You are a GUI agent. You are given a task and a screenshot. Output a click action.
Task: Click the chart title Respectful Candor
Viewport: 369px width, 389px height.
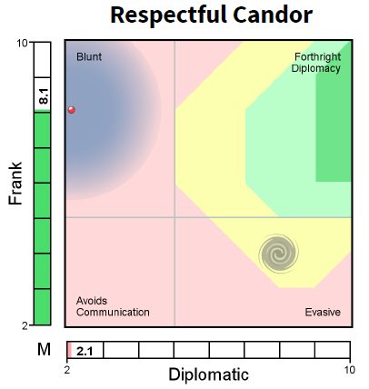point(211,15)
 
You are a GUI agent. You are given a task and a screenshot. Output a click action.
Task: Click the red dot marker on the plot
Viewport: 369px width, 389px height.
point(72,110)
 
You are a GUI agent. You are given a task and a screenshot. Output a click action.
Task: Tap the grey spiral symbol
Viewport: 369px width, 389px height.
point(278,254)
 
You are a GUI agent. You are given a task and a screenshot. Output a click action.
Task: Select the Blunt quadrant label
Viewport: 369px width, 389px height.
point(89,57)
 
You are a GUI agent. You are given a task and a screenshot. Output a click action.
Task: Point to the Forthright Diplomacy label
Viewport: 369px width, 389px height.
point(317,63)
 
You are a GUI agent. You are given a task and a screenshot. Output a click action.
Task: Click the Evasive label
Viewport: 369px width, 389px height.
point(323,313)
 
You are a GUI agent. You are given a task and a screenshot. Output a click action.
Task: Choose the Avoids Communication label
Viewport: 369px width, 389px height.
point(113,306)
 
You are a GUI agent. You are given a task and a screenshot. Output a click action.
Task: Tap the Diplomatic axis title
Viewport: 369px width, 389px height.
point(208,374)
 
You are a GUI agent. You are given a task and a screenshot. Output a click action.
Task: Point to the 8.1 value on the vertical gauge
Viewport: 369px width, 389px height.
point(42,91)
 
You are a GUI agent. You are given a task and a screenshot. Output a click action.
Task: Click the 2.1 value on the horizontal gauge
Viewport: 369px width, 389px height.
point(85,351)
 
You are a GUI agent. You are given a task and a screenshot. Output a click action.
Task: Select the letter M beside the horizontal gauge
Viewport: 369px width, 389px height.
point(44,350)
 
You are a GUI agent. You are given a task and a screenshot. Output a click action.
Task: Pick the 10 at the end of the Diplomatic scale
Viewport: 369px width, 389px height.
point(350,369)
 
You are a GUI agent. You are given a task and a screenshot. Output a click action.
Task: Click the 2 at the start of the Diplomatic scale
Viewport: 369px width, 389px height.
point(67,369)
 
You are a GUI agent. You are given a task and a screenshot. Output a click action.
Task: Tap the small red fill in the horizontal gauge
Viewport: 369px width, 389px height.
point(69,350)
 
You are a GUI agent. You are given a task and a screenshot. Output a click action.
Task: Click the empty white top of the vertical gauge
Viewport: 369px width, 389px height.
point(42,60)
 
